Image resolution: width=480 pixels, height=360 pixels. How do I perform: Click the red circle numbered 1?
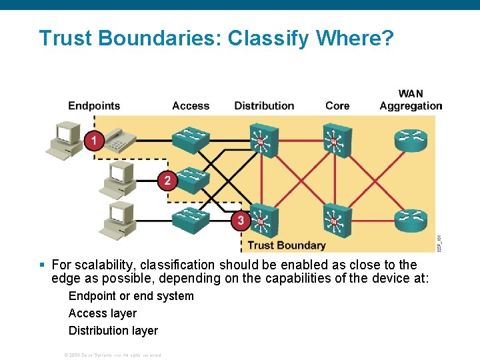(x=94, y=140)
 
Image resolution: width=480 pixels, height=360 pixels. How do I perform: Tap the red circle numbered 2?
(x=167, y=180)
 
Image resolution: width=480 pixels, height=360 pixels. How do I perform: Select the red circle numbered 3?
(x=240, y=220)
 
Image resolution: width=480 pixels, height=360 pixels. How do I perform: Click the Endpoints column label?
(x=94, y=105)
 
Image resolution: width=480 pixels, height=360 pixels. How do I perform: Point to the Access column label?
(x=191, y=105)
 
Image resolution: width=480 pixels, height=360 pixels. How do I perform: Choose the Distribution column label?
(x=264, y=105)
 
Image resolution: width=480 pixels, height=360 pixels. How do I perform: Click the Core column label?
(x=337, y=105)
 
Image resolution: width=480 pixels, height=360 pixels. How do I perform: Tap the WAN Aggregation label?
(x=411, y=99)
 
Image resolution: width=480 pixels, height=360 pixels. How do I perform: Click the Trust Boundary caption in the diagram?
(x=287, y=245)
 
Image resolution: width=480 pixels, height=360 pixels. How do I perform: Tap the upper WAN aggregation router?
(x=411, y=140)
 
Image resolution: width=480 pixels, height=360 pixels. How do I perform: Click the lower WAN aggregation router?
(x=411, y=219)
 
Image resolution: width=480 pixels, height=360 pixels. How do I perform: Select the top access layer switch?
(x=191, y=139)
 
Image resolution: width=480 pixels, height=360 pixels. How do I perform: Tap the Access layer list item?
(x=103, y=313)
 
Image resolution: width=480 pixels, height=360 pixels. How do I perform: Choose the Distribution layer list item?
(x=113, y=331)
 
